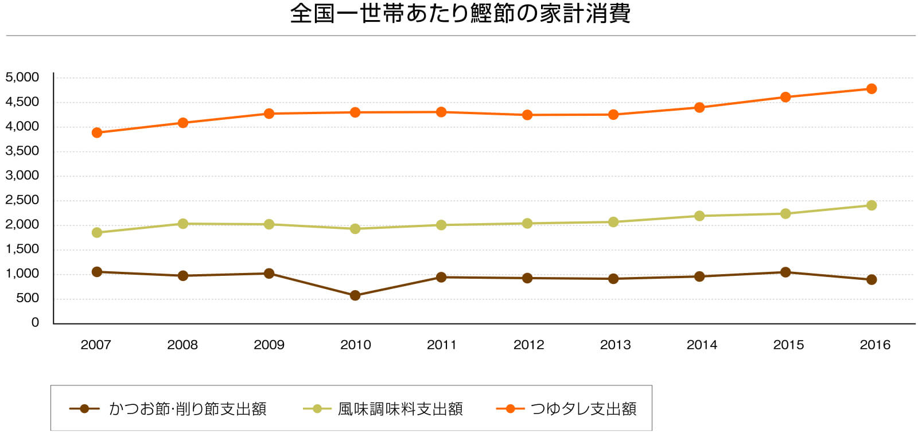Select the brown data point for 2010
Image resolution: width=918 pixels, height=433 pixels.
click(x=355, y=295)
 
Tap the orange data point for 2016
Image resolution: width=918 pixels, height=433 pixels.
click(x=872, y=89)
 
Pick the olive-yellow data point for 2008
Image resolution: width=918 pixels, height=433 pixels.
click(x=183, y=224)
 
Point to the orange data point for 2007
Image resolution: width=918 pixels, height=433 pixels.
click(x=97, y=132)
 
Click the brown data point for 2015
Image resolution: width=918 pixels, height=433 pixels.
click(x=785, y=272)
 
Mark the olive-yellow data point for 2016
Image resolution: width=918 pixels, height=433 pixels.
click(x=872, y=205)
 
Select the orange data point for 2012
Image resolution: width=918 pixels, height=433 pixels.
click(x=527, y=115)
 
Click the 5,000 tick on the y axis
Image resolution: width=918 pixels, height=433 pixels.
click(x=22, y=77)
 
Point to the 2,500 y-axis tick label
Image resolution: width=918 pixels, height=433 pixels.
click(x=22, y=200)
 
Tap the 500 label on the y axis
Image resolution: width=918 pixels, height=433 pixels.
click(x=27, y=298)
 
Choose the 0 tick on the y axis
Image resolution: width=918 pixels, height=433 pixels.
click(x=35, y=322)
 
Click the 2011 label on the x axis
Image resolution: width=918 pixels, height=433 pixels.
click(x=441, y=345)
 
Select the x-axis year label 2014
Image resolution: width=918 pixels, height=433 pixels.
click(x=701, y=345)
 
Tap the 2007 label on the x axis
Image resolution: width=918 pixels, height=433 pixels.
click(x=96, y=345)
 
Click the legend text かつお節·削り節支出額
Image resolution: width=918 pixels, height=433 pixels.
click(x=188, y=409)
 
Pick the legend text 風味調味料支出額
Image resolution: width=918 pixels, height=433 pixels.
click(x=400, y=409)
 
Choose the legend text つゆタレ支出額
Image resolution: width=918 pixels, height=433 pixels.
click(x=584, y=409)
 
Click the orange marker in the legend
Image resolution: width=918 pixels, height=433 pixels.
click(x=510, y=409)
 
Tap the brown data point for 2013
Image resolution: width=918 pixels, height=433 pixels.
click(x=613, y=279)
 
